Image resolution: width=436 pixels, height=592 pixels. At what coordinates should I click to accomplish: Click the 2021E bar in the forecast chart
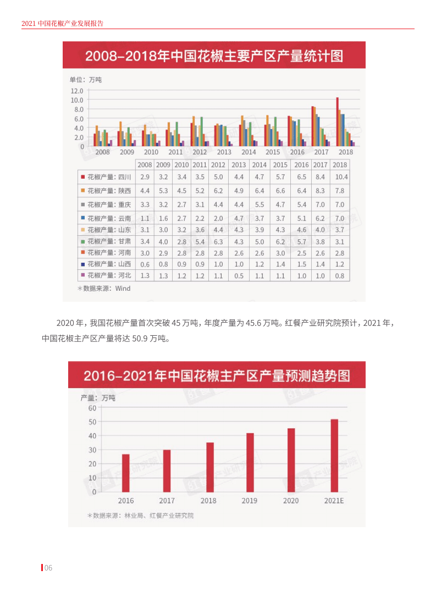(334, 455)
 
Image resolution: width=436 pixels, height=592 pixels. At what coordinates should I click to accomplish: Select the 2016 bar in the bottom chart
(126, 473)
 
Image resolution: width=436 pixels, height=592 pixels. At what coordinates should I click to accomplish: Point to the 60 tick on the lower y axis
(91, 408)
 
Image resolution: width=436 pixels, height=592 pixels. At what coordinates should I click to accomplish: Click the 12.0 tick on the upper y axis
(77, 91)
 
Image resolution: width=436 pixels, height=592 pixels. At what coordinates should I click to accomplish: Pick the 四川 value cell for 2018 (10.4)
(340, 177)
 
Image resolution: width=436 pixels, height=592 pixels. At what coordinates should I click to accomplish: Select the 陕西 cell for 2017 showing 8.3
(320, 191)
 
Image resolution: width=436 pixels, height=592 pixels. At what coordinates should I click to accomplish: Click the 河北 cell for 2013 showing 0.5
(239, 276)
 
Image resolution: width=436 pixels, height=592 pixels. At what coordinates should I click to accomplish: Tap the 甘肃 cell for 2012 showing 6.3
(218, 241)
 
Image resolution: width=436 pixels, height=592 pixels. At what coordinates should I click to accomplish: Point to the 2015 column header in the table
(280, 165)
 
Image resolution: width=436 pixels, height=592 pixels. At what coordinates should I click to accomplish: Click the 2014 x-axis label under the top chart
(249, 152)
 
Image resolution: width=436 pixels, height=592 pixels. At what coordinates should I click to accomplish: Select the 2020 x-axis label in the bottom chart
(291, 501)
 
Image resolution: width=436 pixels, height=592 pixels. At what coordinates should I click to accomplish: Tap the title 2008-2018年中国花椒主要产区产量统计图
(214, 56)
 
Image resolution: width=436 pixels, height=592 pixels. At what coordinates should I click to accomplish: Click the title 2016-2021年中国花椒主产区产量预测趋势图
(217, 376)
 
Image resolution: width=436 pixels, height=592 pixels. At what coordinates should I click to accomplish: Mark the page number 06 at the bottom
(48, 568)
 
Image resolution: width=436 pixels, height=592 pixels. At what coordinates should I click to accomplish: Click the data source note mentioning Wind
(104, 288)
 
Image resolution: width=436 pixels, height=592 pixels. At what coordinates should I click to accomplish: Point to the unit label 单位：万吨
(85, 80)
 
